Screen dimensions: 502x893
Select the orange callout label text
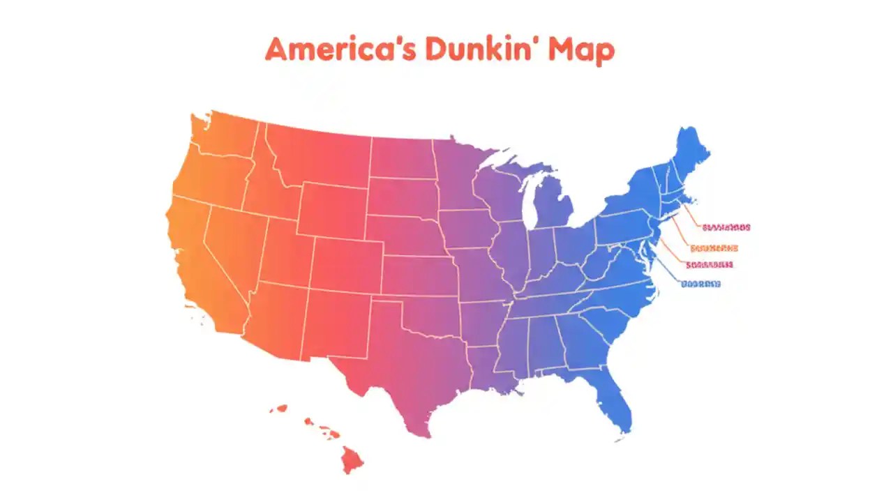pyautogui.click(x=713, y=248)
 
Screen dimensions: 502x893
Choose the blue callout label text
pyautogui.click(x=701, y=284)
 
